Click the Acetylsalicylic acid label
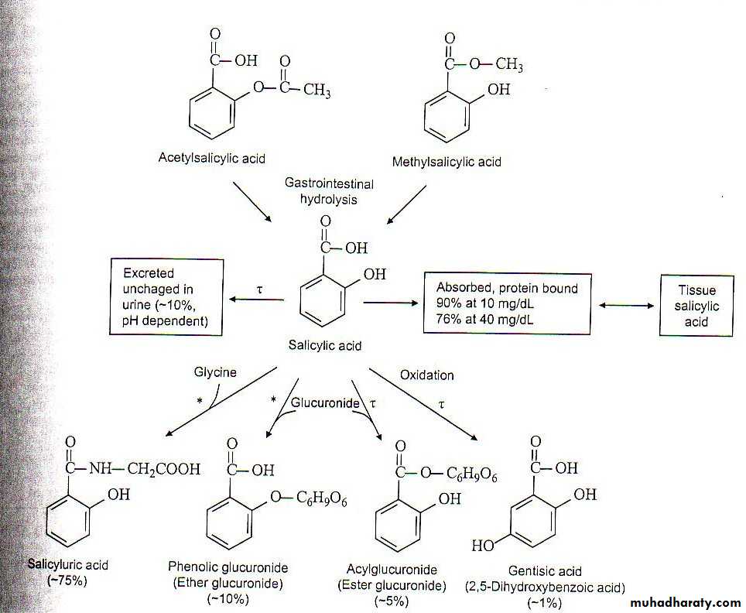[x=211, y=159]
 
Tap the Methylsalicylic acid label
[x=447, y=162]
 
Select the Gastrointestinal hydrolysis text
[x=329, y=190]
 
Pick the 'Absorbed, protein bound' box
[x=507, y=303]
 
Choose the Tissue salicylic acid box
[x=696, y=306]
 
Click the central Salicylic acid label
[x=325, y=346]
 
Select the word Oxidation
[x=426, y=375]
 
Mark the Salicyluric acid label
[x=67, y=565]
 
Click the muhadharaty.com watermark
[x=686, y=603]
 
